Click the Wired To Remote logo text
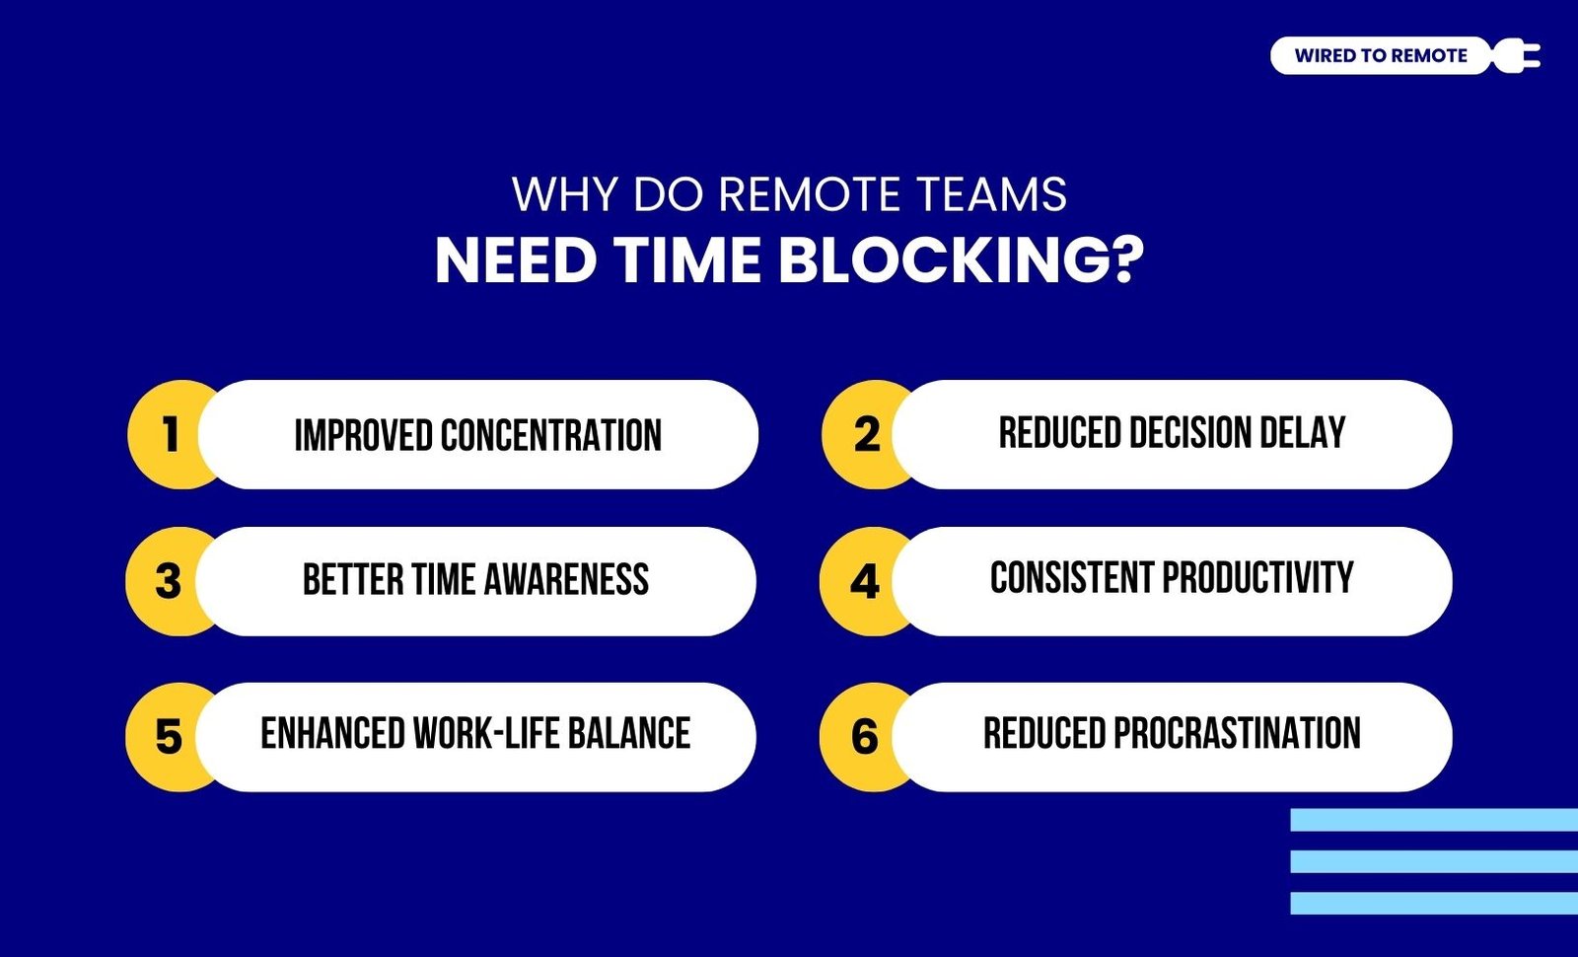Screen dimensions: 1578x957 point(1381,55)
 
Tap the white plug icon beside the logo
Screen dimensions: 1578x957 point(1517,55)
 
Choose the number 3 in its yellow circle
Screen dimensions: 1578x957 point(168,581)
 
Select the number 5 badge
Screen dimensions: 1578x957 point(168,737)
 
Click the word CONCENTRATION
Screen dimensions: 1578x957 point(551,435)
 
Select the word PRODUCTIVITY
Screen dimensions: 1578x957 point(1257,577)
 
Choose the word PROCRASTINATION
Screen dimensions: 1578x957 point(1237,733)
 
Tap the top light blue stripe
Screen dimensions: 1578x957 point(1434,820)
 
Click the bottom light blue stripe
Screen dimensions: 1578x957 point(1434,904)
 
